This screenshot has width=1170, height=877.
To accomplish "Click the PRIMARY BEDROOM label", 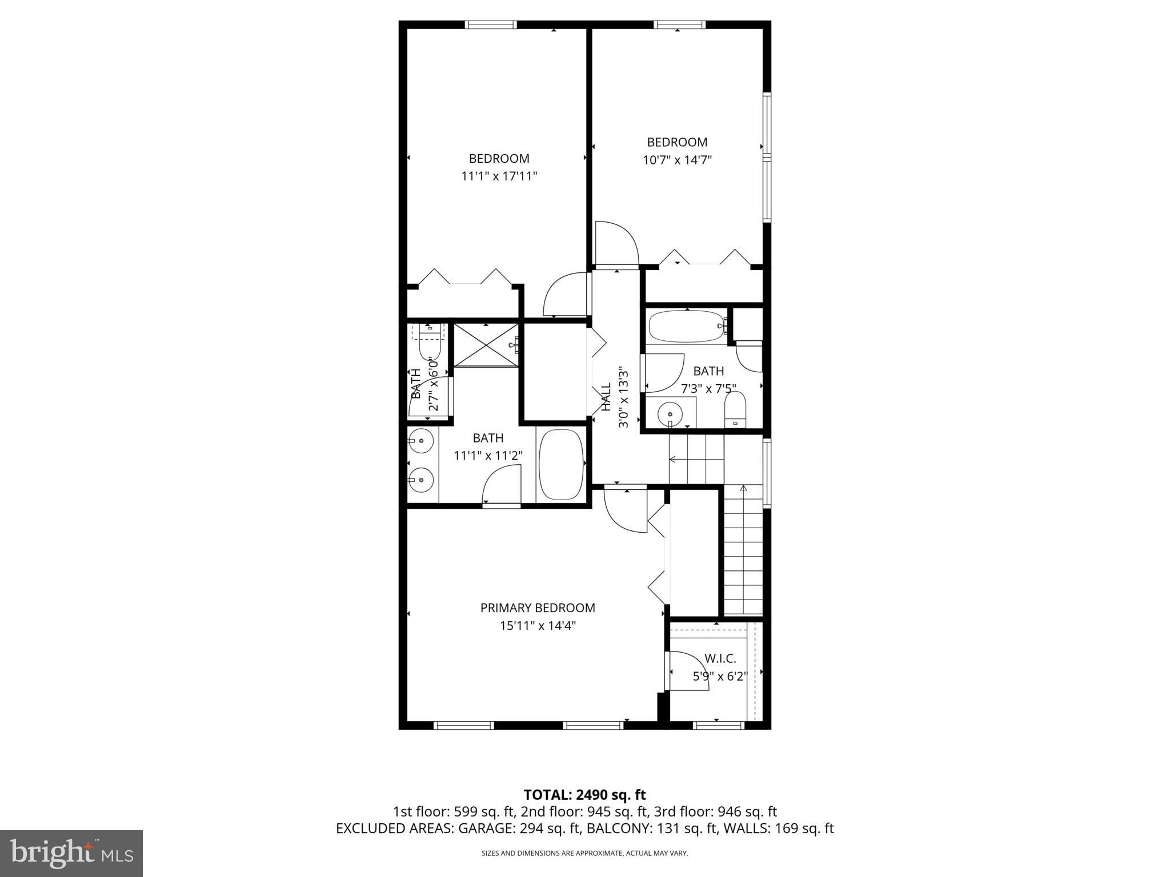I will (x=538, y=608).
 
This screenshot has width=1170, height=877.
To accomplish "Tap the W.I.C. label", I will (x=720, y=658).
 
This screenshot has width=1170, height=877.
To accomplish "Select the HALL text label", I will (x=606, y=397).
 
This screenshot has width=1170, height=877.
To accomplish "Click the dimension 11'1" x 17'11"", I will (x=499, y=176).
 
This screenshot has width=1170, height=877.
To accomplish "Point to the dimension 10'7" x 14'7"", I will (x=677, y=160).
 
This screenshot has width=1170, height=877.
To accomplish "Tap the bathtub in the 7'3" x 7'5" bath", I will (x=686, y=326).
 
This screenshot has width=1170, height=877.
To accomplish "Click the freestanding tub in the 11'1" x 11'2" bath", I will (x=561, y=465).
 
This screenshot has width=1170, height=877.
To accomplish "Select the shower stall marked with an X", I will (x=486, y=344).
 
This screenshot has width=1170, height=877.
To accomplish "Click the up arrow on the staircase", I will (x=743, y=489).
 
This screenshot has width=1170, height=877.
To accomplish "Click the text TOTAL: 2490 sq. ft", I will (x=584, y=795).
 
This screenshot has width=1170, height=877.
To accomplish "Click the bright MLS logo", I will (x=71, y=853).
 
